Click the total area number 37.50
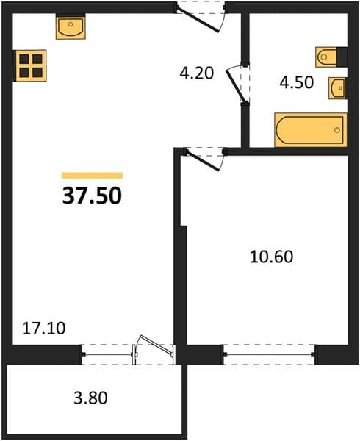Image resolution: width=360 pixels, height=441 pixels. pyautogui.click(x=92, y=196)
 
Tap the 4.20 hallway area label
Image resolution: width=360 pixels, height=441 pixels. pyautogui.click(x=197, y=73)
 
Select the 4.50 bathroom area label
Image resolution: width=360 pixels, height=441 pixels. pyautogui.click(x=297, y=82)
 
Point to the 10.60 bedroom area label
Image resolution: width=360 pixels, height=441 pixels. pyautogui.click(x=271, y=257)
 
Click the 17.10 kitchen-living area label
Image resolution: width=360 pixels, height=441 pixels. pyautogui.click(x=43, y=329)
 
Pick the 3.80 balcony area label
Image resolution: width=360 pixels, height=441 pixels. pyautogui.click(x=90, y=398)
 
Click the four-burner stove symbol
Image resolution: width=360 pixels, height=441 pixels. pyautogui.click(x=31, y=65)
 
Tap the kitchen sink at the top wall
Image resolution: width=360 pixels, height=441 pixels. pyautogui.click(x=71, y=27)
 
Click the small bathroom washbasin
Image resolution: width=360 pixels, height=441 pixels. pyautogui.click(x=338, y=88)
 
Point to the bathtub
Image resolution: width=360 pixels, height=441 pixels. pyautogui.click(x=311, y=130)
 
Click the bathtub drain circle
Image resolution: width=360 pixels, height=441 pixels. pyautogui.click(x=337, y=130)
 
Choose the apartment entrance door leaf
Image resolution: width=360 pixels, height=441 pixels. pyautogui.click(x=198, y=21)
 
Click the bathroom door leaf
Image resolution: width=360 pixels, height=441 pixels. pyautogui.click(x=237, y=87)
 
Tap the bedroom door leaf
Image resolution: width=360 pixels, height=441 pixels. pyautogui.click(x=203, y=161)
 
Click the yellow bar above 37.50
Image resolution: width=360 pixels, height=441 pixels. pyautogui.click(x=92, y=176)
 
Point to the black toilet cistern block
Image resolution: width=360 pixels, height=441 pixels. pyautogui.click(x=342, y=57)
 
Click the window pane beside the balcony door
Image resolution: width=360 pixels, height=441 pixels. pyautogui.click(x=108, y=355)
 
